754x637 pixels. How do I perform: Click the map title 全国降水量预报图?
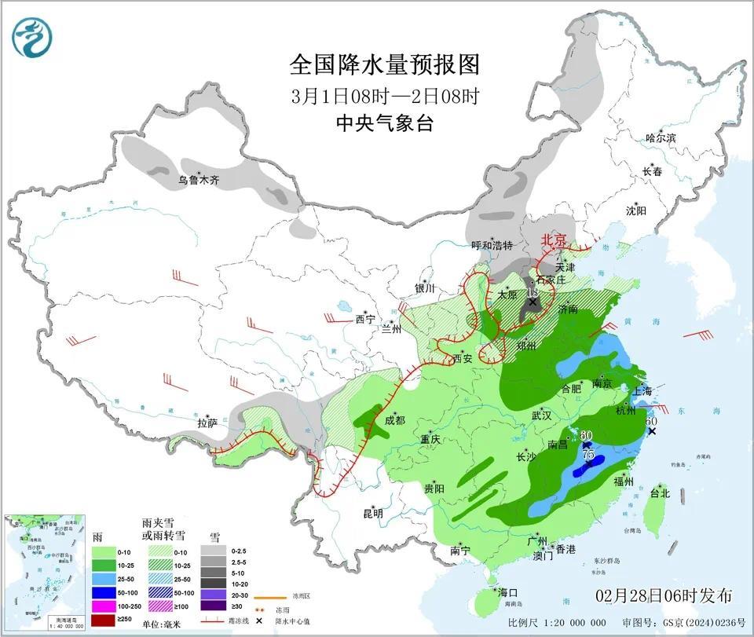click(x=384, y=63)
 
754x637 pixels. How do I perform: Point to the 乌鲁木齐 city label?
click(x=198, y=180)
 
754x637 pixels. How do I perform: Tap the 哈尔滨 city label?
click(x=661, y=137)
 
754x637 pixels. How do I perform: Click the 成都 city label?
click(x=394, y=420)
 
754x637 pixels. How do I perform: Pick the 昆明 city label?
click(x=373, y=514)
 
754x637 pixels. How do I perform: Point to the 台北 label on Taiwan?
click(x=659, y=494)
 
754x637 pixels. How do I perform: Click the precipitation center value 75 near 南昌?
click(x=588, y=454)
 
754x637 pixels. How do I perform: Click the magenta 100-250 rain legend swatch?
click(x=104, y=605)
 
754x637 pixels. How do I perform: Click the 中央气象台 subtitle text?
click(x=384, y=123)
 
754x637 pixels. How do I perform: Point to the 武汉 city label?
click(x=542, y=414)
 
